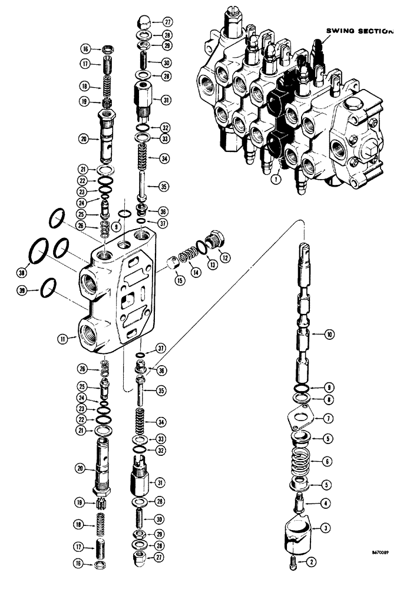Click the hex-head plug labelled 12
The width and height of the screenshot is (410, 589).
point(216,239)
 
